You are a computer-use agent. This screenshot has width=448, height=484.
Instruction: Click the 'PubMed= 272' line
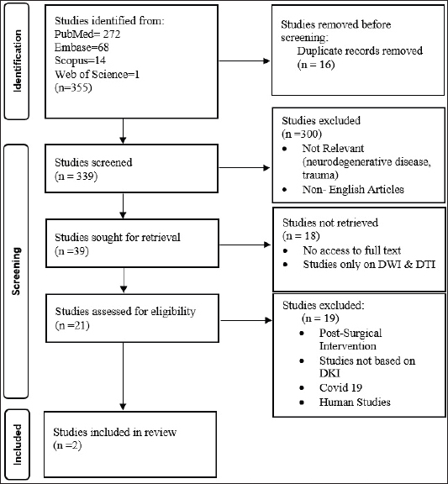click(x=87, y=34)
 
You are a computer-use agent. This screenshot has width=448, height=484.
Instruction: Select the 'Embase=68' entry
click(x=82, y=47)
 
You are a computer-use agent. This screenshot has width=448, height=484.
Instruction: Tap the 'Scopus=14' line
click(x=81, y=60)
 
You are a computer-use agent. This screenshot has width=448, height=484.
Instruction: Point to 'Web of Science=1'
click(x=98, y=75)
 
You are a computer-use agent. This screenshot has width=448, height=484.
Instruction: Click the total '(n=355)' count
click(x=73, y=88)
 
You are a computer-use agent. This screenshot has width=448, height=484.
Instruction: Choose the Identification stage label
click(x=18, y=60)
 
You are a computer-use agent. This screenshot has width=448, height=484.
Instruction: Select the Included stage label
click(x=18, y=445)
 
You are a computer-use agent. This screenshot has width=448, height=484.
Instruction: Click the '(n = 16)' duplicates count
click(x=316, y=65)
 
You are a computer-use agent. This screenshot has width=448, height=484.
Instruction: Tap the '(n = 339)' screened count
click(x=76, y=176)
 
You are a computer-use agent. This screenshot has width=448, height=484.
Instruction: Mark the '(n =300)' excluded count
click(x=302, y=134)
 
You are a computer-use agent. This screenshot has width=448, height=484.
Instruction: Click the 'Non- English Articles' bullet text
click(x=353, y=189)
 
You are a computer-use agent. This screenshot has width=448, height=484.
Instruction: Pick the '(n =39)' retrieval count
click(x=71, y=251)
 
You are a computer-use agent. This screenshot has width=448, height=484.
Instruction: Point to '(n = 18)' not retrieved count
click(x=301, y=236)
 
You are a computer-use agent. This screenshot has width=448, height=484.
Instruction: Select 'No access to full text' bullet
click(x=352, y=250)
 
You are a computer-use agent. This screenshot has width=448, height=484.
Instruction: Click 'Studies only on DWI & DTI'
click(x=369, y=265)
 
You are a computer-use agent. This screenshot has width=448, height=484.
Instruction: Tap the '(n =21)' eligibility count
click(x=72, y=326)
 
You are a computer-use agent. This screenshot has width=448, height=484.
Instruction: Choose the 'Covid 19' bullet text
click(x=340, y=387)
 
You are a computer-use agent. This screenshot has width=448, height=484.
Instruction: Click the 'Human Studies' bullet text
click(x=355, y=402)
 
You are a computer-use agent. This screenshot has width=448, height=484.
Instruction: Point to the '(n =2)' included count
click(x=67, y=445)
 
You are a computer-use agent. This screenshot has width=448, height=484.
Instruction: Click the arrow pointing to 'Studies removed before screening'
click(x=245, y=60)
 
